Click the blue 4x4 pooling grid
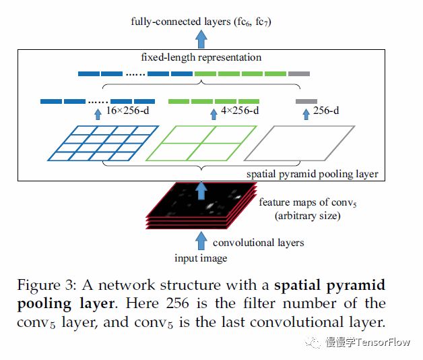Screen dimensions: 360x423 pyautogui.click(x=103, y=143)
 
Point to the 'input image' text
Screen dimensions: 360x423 pyautogui.click(x=201, y=258)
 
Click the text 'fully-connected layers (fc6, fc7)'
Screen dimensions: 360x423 pyautogui.click(x=201, y=22)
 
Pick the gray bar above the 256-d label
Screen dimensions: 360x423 pyautogui.click(x=306, y=101)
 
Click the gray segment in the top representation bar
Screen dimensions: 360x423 pyautogui.click(x=298, y=73)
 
